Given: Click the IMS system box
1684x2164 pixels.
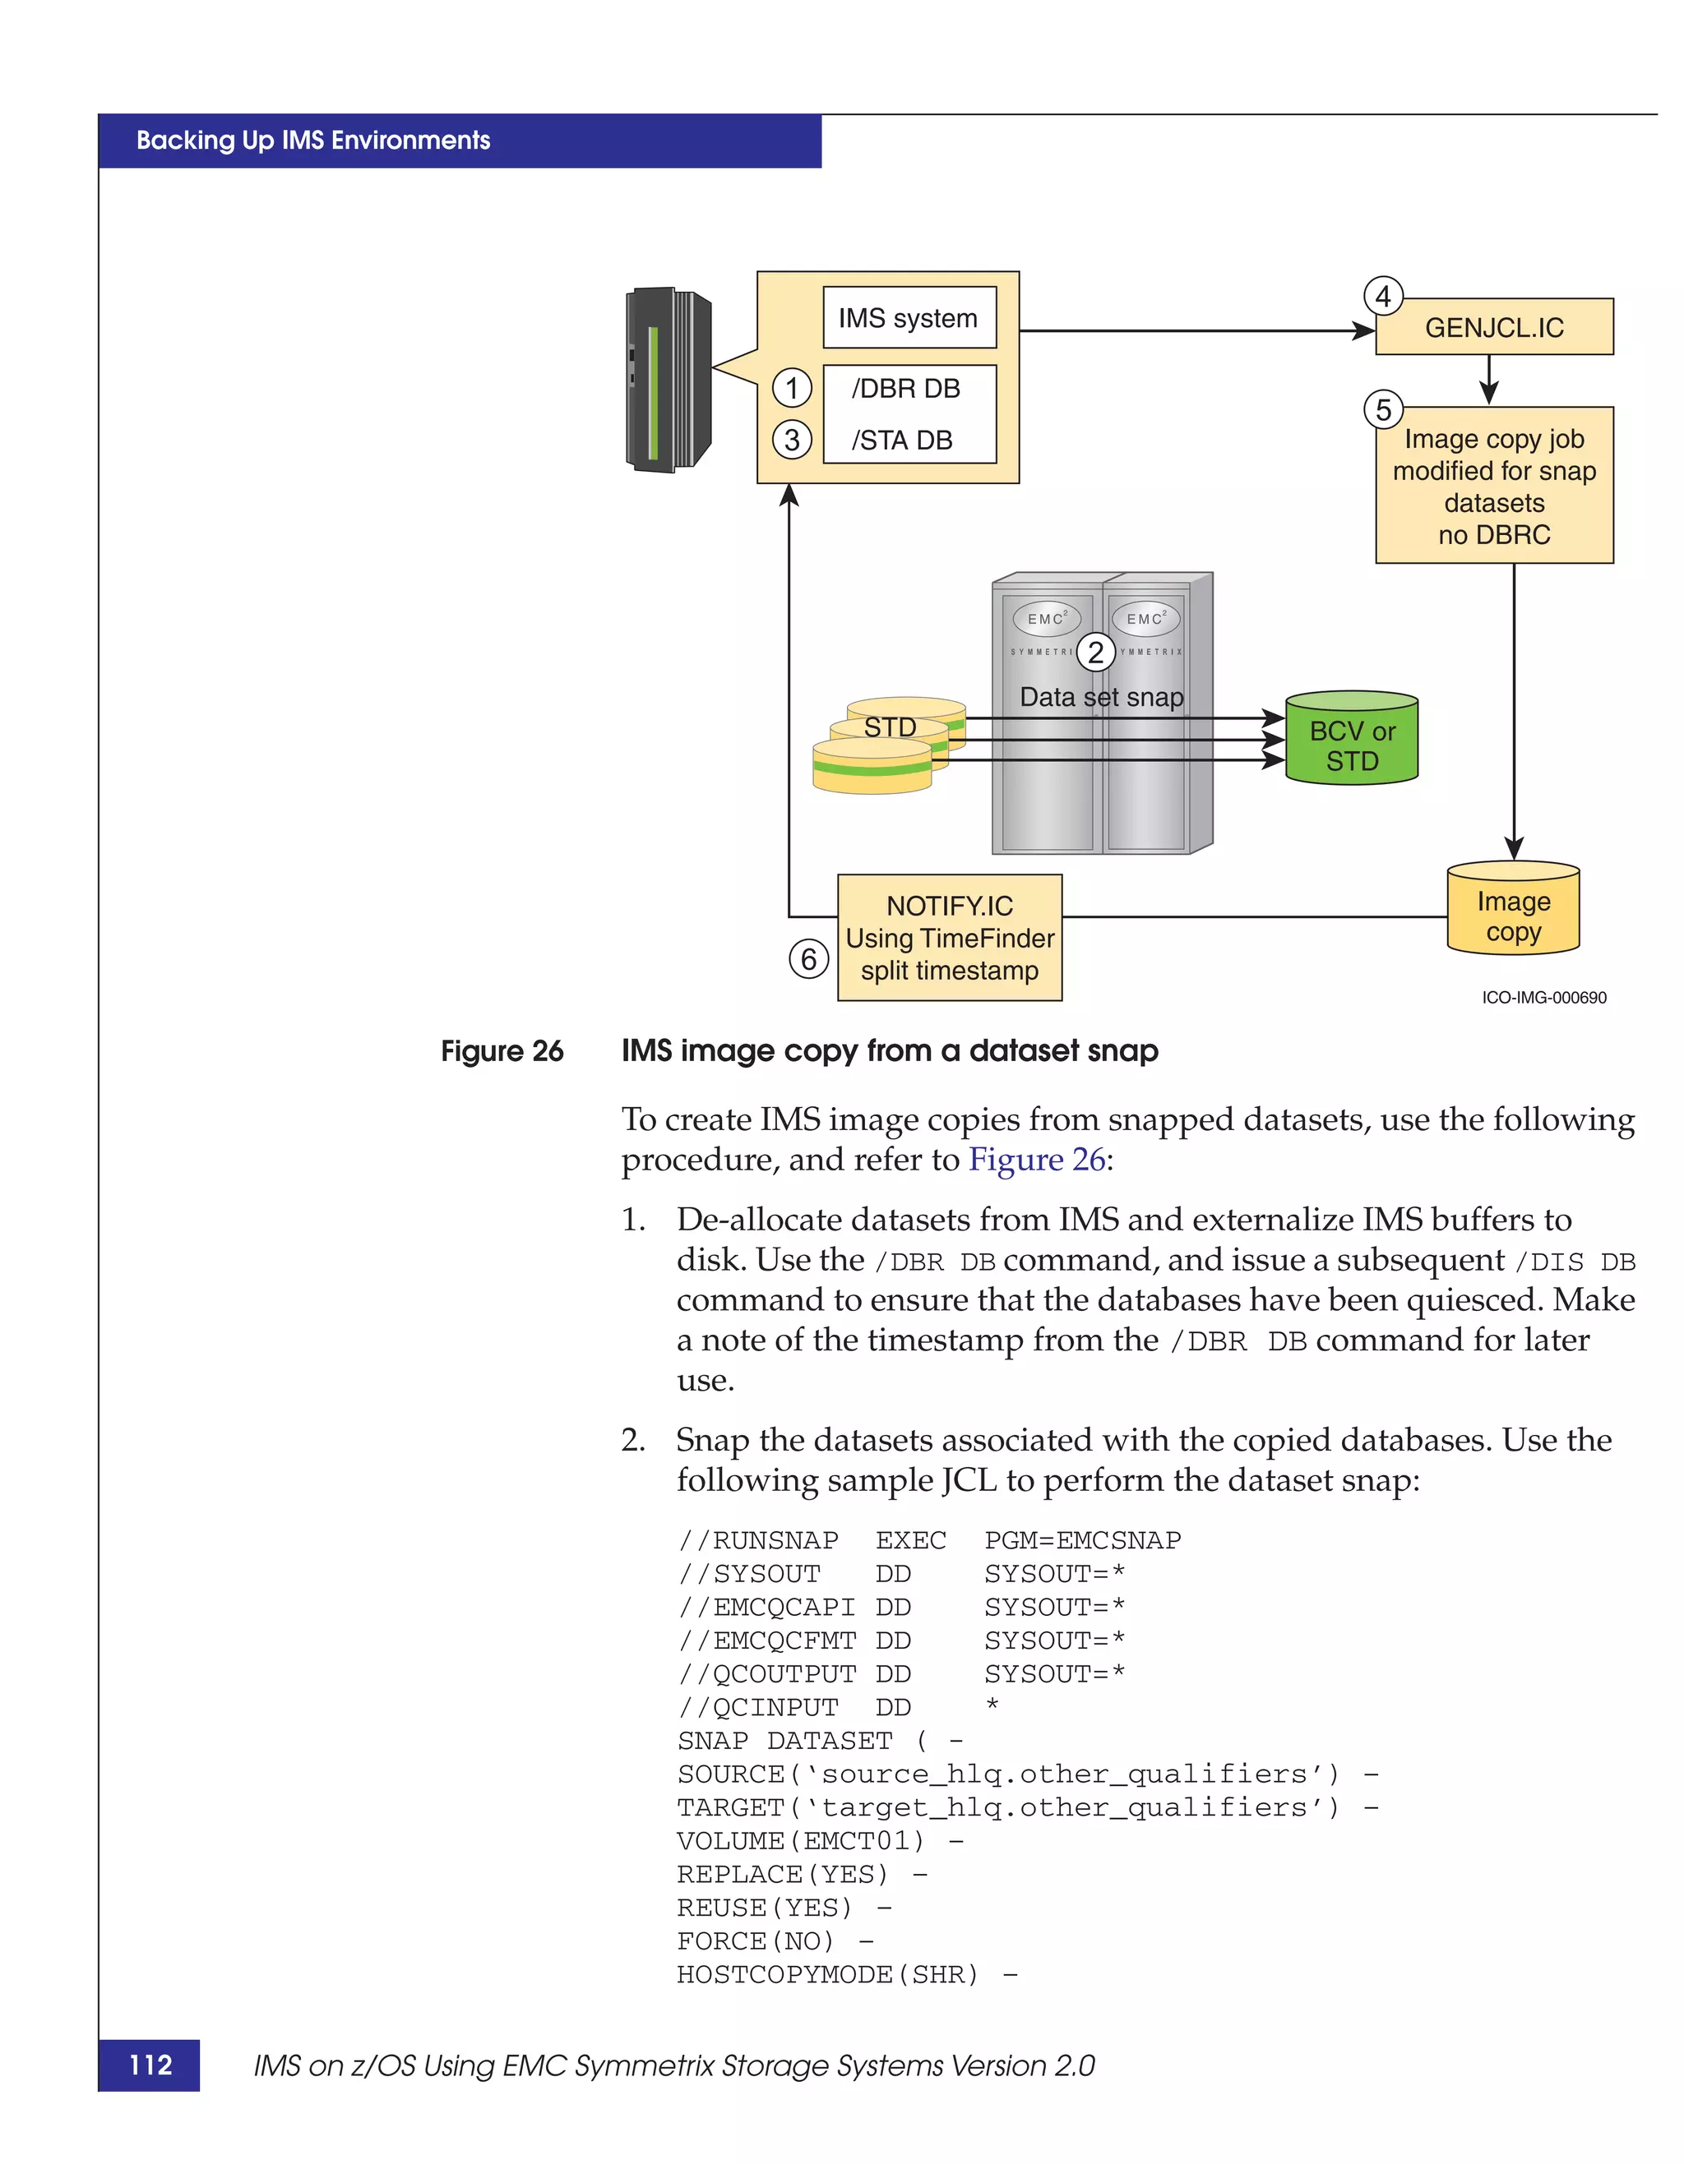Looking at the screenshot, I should [909, 318].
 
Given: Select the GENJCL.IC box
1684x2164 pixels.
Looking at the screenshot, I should [1494, 328].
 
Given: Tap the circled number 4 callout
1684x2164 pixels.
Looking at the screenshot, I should [1383, 296].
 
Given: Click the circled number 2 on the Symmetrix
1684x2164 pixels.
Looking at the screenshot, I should [1095, 652].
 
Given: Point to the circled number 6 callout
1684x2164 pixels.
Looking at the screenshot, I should [809, 958].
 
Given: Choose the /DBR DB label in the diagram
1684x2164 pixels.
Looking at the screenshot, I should [905, 389].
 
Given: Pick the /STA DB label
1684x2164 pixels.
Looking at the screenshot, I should [901, 440].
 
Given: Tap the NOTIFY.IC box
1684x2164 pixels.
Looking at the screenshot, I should [950, 937].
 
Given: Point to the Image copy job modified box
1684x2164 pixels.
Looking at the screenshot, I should [1494, 486].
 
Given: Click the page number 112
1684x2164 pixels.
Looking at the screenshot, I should [150, 2065].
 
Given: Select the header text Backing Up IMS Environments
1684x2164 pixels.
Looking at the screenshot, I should [313, 141].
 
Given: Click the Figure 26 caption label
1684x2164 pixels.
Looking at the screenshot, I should [502, 1051].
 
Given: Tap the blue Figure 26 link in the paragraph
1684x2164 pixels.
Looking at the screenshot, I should [1036, 1160].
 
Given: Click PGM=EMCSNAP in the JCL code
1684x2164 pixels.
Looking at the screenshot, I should [1081, 1541].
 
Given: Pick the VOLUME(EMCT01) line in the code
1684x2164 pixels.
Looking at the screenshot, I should [801, 1841].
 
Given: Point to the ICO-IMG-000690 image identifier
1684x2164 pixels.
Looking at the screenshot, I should [1543, 998].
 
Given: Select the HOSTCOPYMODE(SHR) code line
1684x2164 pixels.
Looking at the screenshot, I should [828, 1975].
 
